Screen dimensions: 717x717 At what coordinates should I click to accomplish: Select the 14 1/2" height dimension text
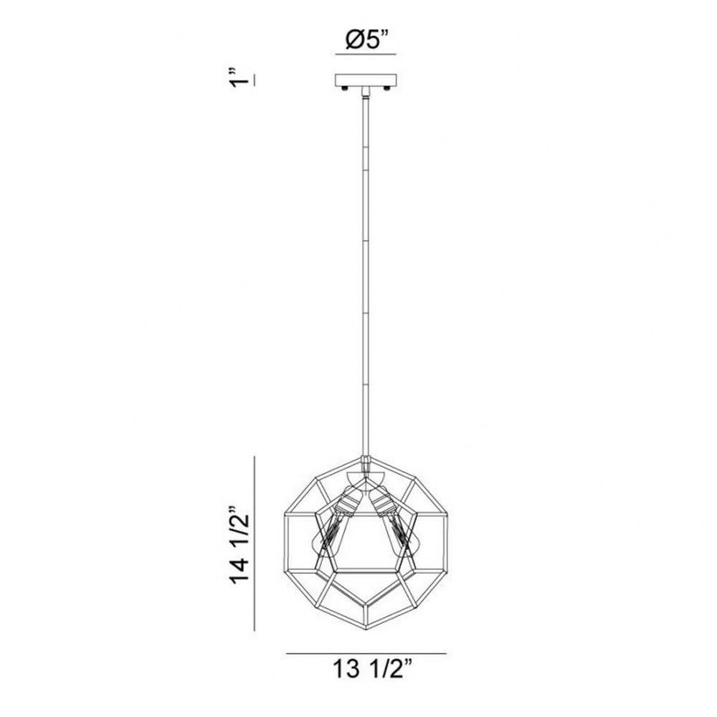click(239, 545)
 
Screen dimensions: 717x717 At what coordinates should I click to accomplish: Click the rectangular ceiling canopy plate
click(366, 80)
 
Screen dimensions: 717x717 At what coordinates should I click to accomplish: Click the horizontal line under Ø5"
click(366, 54)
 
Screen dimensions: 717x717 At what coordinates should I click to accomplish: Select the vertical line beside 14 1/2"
click(255, 543)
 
